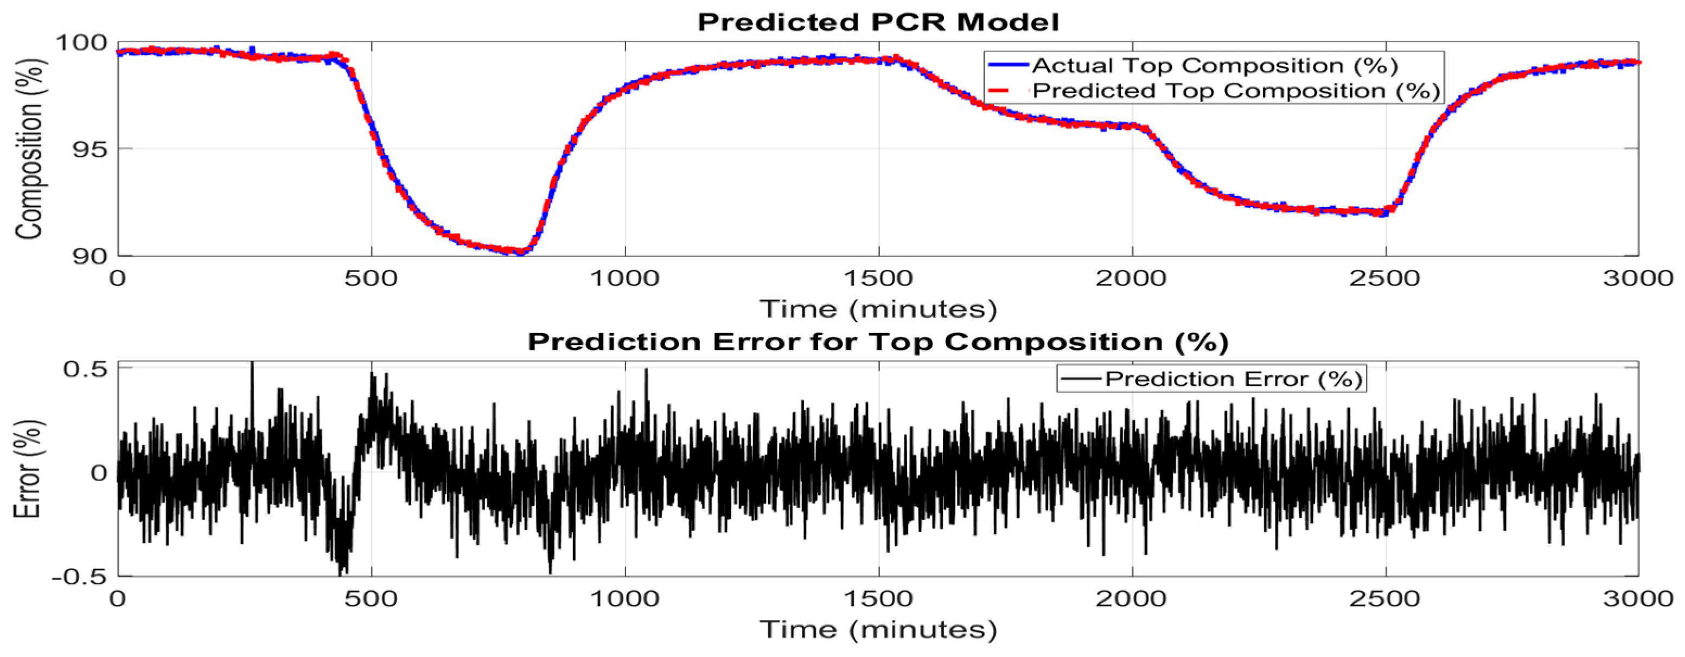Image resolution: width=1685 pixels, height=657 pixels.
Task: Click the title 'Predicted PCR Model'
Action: tap(878, 22)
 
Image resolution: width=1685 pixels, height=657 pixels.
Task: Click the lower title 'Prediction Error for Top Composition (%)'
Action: tap(878, 342)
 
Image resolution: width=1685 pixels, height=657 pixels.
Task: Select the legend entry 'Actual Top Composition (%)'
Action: tap(1215, 66)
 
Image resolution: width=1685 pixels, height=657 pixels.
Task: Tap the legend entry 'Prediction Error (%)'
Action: tap(1234, 379)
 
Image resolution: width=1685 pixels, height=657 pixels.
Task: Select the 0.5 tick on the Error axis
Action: tap(85, 369)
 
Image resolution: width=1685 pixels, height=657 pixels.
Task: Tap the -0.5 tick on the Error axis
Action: tap(80, 577)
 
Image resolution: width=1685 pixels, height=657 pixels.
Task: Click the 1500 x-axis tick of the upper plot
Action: tap(878, 278)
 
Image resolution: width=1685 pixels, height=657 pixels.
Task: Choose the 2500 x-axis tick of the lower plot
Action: tap(1386, 599)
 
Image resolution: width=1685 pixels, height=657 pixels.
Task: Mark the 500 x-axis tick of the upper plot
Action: tap(371, 278)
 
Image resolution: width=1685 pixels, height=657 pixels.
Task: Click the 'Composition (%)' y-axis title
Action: tap(29, 149)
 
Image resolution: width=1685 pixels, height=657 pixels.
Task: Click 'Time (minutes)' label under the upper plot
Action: tap(878, 308)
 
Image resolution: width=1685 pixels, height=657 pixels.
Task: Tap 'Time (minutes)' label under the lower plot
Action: tap(878, 629)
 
